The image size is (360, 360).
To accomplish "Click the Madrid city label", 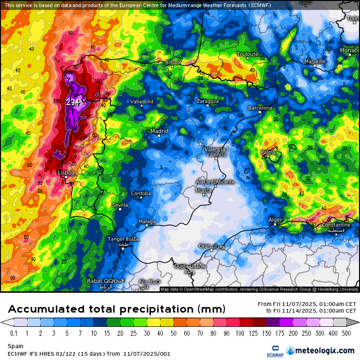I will pos(159,131).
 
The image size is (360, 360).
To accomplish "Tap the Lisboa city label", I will pos(66,173).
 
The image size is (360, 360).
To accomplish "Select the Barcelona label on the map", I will pos(260,108).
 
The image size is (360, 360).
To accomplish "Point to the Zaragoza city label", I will pos(207,101).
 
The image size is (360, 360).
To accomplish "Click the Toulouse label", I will pos(248,54).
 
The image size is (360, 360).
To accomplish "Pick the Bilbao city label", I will pos(172,62).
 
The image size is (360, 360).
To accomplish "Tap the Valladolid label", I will pos(142,101).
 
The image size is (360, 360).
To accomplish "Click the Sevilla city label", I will pos(120,205).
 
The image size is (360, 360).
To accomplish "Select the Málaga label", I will pos(147,222).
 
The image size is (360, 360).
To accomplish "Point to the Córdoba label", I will pos(141,193).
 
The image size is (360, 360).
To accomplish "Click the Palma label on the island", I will pos(269,152).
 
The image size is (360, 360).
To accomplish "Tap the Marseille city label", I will pos(315,61).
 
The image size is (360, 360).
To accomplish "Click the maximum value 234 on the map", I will pos(73,101).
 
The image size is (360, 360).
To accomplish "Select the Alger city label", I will pos(275,219).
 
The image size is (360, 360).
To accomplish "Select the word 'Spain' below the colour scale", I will pos(16,346).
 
